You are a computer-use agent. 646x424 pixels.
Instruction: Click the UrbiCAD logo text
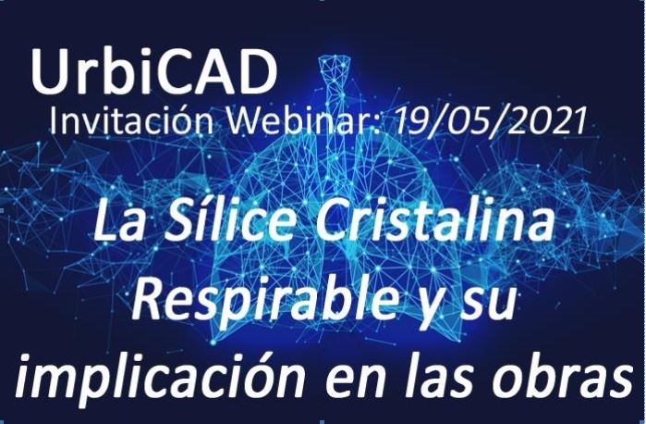click(153, 72)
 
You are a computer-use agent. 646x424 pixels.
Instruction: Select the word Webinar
click(303, 120)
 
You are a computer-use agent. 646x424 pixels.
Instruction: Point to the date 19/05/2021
click(490, 120)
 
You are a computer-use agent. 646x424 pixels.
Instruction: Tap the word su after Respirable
click(487, 307)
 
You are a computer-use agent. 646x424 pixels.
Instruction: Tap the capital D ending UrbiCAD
click(255, 72)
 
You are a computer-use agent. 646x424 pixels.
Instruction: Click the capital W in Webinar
click(243, 120)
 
